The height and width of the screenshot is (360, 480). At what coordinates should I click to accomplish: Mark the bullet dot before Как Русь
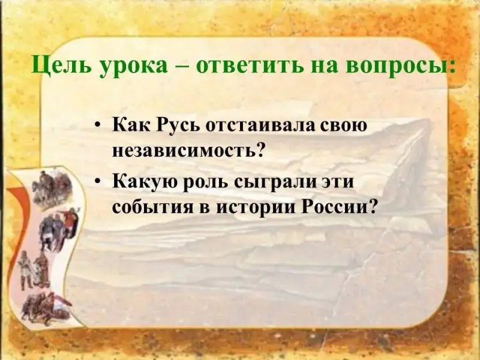coord(98,127)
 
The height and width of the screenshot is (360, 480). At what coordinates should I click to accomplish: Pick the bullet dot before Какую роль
coord(98,182)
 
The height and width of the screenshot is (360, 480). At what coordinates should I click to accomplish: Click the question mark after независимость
coord(259,149)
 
